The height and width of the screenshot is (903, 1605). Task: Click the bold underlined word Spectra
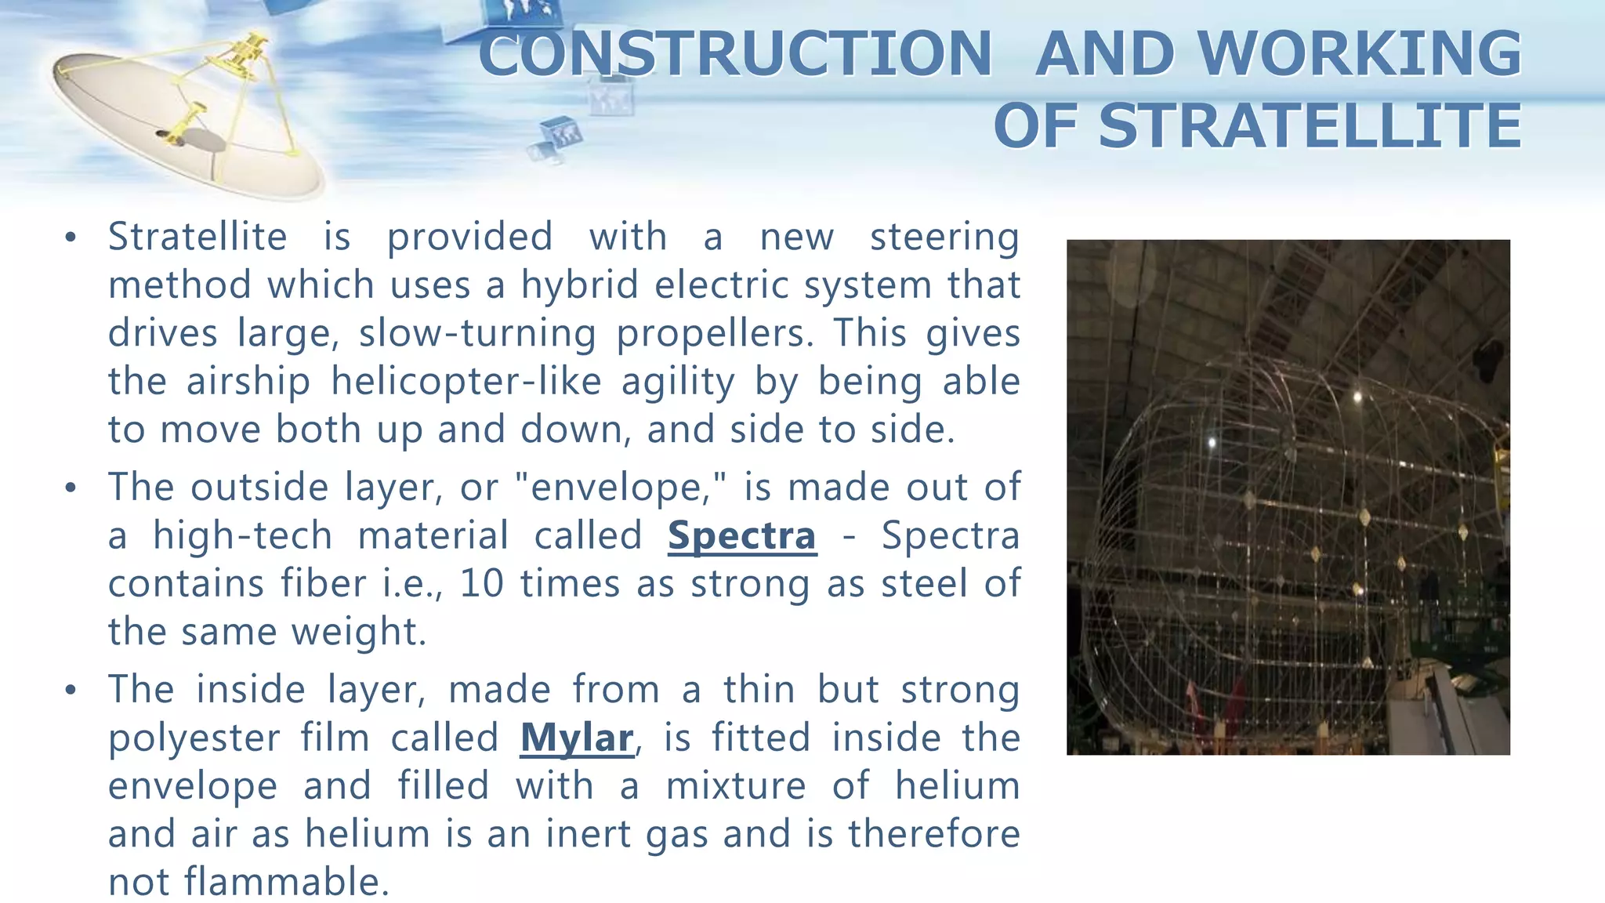(x=741, y=536)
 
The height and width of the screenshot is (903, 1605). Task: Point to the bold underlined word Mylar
(x=576, y=738)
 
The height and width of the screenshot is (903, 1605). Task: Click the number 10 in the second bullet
(x=481, y=584)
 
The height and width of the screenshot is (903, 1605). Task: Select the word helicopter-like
(x=466, y=382)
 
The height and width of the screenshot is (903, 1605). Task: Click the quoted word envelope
(x=621, y=488)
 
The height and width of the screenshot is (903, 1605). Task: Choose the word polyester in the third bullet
(x=194, y=738)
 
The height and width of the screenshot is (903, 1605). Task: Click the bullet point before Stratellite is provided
(x=71, y=238)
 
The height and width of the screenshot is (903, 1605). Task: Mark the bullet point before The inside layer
(x=71, y=691)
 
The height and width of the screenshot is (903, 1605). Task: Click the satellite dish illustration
(x=188, y=118)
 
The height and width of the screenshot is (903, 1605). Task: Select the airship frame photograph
(x=1288, y=497)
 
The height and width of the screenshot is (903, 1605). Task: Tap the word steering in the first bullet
(x=944, y=238)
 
